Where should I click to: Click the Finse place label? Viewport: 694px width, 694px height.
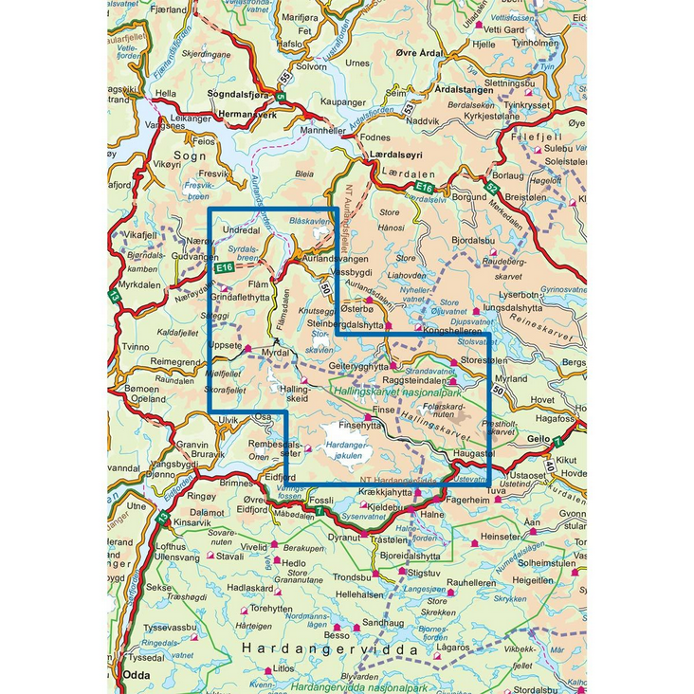382,411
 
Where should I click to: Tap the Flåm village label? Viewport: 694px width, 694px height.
258,283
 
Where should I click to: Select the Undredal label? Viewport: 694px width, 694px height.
240,231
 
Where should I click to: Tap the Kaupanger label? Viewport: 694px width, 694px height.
343,101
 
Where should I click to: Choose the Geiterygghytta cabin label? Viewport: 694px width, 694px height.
358,365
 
